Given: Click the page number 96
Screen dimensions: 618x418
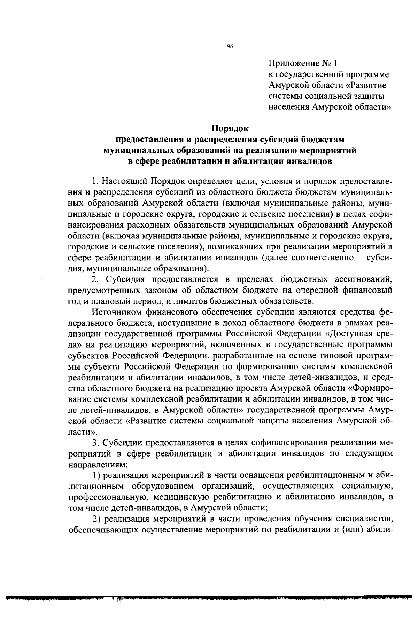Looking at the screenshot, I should (230, 47).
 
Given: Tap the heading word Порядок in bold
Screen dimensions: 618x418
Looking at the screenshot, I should (230, 128).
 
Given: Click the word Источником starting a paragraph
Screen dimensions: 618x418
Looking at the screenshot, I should (116, 312).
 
